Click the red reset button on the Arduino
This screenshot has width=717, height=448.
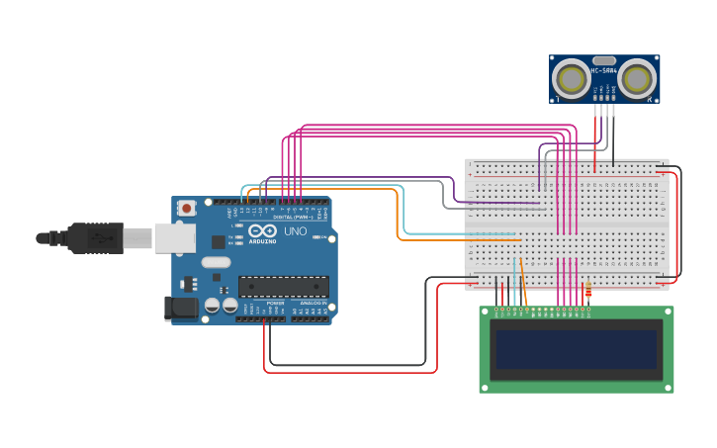[x=187, y=208]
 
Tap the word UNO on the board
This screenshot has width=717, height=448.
[x=296, y=231]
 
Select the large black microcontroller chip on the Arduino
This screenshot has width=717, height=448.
[x=284, y=287]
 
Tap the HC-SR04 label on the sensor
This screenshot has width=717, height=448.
[x=603, y=70]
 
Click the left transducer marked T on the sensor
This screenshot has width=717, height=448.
[x=571, y=78]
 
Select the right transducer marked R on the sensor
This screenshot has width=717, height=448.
[x=638, y=78]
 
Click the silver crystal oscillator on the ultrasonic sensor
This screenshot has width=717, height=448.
[x=603, y=60]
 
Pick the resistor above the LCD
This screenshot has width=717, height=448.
[x=588, y=290]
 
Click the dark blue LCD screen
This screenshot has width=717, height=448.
[x=577, y=349]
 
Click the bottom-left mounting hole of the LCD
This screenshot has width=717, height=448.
[x=486, y=387]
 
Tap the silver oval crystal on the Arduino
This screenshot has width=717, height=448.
[x=216, y=263]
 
